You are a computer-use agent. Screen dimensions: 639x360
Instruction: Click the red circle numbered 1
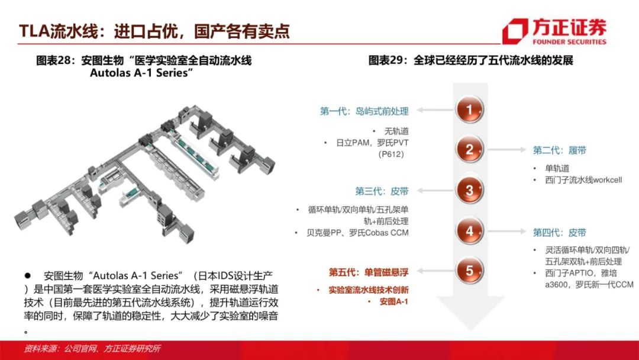point(469,110)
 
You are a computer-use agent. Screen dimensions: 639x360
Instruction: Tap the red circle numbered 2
point(469,150)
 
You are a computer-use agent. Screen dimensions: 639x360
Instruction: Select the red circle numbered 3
point(469,191)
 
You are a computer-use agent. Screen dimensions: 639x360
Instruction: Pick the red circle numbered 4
point(469,231)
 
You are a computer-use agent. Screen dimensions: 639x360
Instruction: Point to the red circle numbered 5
point(469,271)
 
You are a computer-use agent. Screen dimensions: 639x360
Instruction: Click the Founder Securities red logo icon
point(515,31)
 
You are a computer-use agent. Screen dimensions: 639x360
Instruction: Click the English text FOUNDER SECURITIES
point(569,41)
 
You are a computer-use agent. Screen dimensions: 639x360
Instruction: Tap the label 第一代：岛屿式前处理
point(364,111)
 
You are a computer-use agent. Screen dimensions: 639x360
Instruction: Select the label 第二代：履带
point(560,150)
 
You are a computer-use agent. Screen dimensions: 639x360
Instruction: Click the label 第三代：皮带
point(382,191)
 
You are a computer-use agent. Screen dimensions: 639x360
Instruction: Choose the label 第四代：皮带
point(560,232)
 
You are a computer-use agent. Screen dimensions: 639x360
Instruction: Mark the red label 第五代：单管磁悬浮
point(369,272)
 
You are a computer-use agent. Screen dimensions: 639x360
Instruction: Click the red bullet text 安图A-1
point(393,302)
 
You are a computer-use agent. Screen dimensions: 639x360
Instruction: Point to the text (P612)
point(391,154)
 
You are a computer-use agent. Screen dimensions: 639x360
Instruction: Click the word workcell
point(607,180)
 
